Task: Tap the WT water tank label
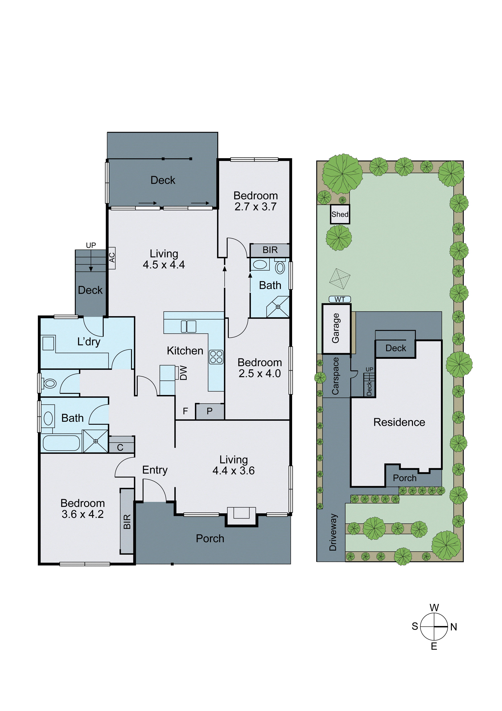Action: pos(340,299)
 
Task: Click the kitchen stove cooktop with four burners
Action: pos(216,357)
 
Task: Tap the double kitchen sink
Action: pos(188,327)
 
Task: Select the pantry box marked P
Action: pos(209,411)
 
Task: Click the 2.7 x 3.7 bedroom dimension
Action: pos(256,207)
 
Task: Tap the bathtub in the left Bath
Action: pos(61,443)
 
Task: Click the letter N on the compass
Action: pos(453,627)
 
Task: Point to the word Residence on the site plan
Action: pos(399,422)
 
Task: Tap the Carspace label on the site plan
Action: pos(336,376)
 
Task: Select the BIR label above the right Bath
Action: pos(270,250)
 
